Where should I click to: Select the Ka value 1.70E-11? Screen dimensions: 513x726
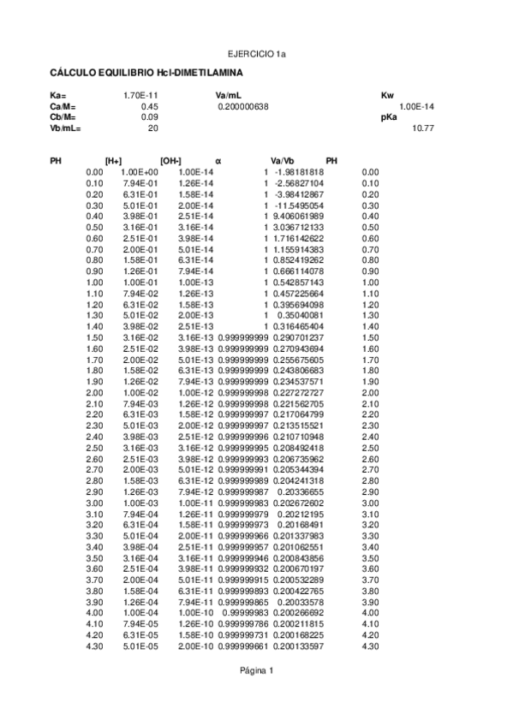140,94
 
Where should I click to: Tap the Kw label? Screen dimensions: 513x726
387,94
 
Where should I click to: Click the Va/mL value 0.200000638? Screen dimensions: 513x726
243,105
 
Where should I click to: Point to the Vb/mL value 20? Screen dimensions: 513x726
153,128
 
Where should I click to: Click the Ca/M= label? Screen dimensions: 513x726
63,105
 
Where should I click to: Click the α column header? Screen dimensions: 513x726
218,161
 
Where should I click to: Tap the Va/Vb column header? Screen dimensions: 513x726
282,161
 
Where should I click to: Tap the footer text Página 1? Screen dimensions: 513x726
256,670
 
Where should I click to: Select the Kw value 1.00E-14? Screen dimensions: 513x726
417,105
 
